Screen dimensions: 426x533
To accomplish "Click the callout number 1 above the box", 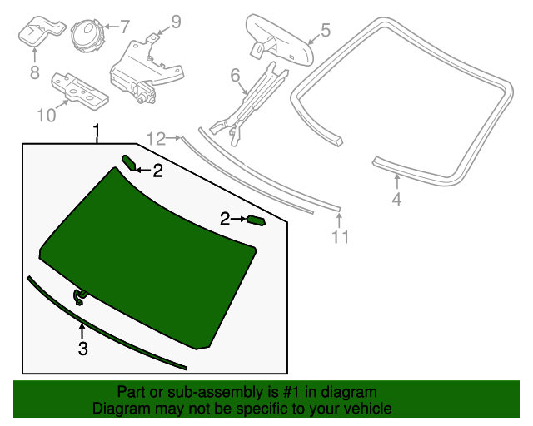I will (x=97, y=131).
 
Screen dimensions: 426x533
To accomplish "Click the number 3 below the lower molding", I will (x=82, y=349).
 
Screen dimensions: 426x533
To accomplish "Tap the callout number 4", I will (x=396, y=199).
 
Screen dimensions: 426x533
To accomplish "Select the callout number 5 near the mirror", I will (x=325, y=31).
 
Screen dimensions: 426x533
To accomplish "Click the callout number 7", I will (x=125, y=27).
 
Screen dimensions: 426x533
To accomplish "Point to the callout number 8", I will (x=34, y=73).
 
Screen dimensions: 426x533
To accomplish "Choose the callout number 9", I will (x=176, y=21).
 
